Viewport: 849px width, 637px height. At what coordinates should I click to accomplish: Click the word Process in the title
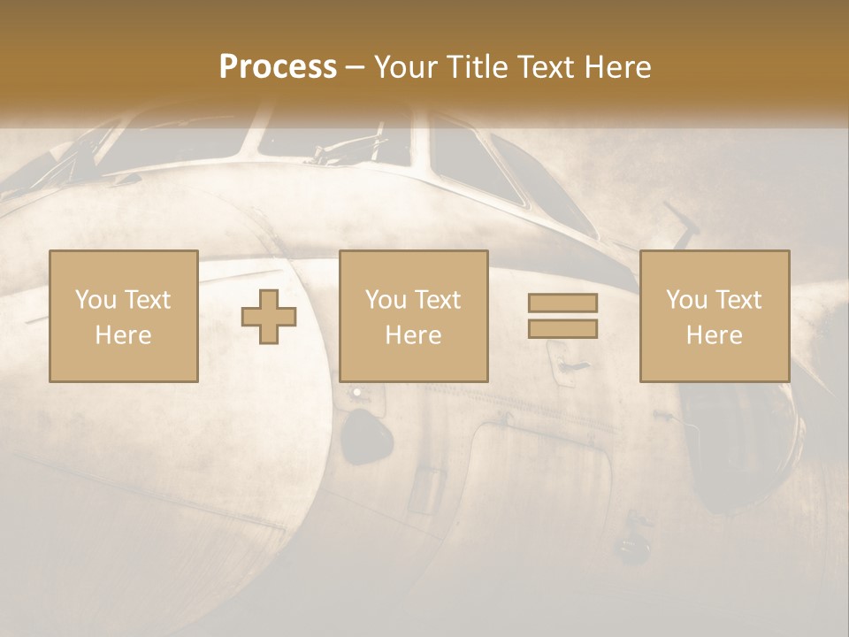(x=278, y=67)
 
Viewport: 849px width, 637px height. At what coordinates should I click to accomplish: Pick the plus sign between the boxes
(x=269, y=317)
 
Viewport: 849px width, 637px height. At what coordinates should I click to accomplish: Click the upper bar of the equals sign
(x=562, y=303)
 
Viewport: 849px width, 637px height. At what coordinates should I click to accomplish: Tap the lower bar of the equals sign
(x=562, y=328)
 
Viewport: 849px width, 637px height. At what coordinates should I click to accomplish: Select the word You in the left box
(x=96, y=300)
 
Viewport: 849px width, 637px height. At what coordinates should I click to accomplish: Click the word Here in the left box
(x=123, y=335)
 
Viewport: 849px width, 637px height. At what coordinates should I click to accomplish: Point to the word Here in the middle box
(x=413, y=335)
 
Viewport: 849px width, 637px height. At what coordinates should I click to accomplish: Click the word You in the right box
(x=687, y=300)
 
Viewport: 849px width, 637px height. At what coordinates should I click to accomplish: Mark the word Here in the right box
(x=714, y=335)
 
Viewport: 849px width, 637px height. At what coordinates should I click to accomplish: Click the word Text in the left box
(x=147, y=300)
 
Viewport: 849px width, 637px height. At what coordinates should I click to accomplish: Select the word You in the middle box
(x=386, y=300)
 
